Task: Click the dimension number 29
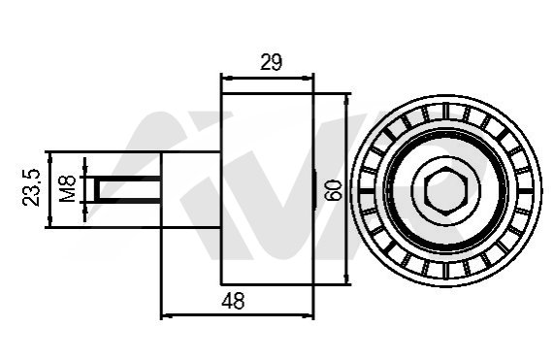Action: point(272,62)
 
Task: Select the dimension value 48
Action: point(233,301)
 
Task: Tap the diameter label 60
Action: point(334,190)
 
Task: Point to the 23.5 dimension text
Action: point(31,187)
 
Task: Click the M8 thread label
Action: point(68,189)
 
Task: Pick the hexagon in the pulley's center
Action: point(446,190)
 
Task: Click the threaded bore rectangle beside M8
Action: point(128,189)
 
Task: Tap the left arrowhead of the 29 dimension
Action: point(227,78)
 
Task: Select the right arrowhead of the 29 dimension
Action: point(308,78)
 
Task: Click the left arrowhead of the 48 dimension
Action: point(167,316)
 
